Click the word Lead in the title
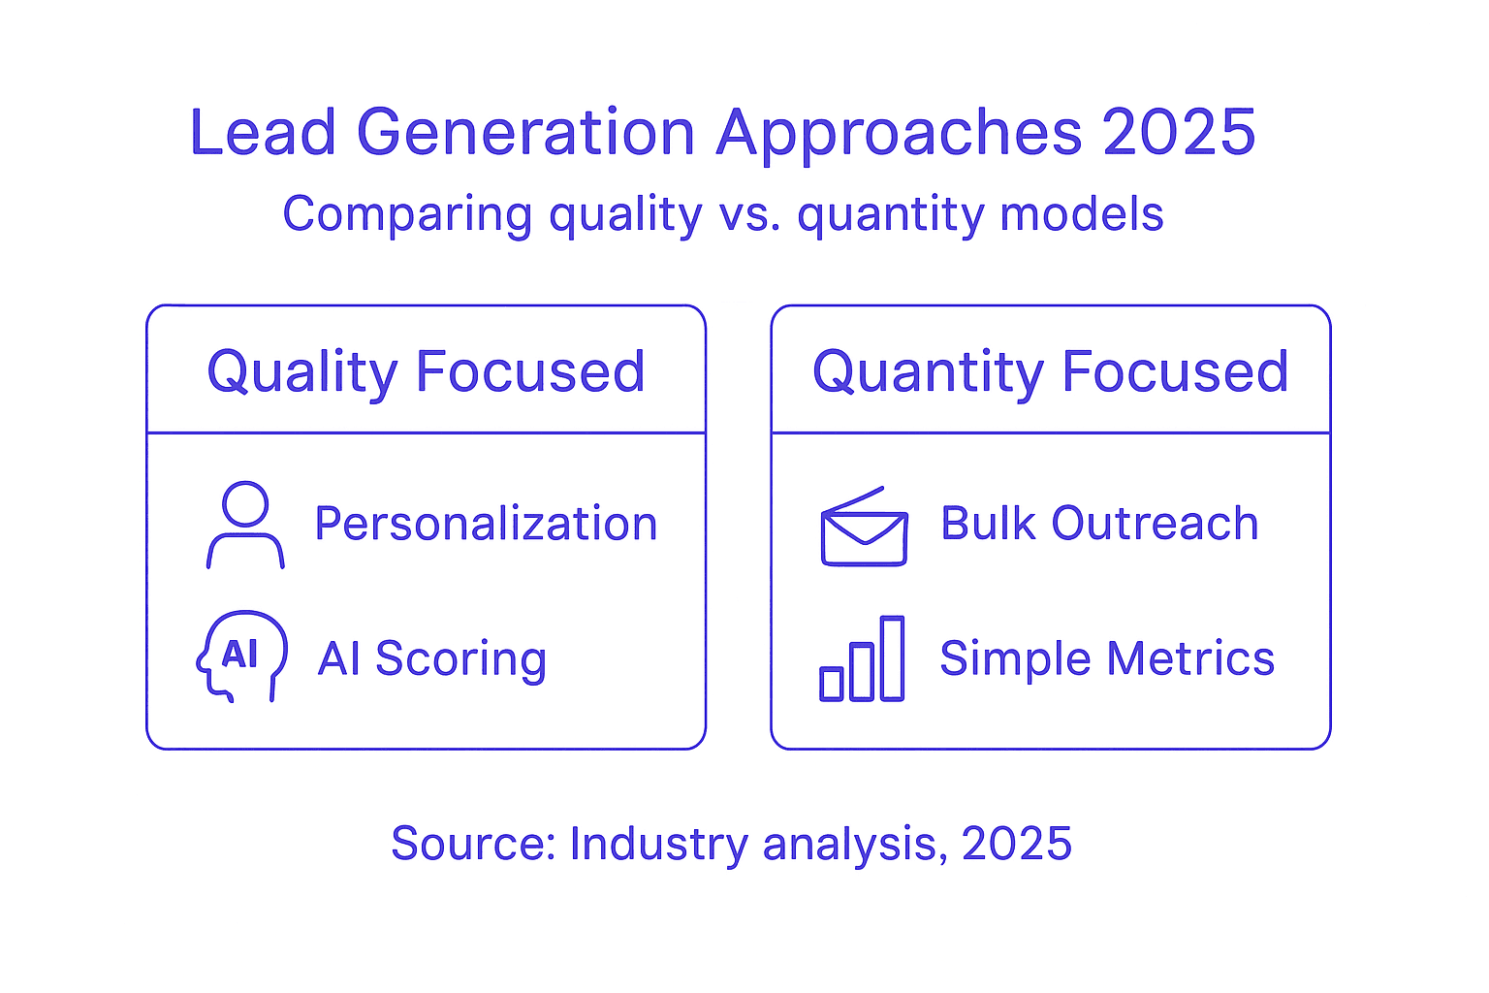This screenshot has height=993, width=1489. coord(263,133)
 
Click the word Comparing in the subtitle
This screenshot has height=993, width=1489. coord(407,215)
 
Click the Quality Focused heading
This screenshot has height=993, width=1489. coord(426,371)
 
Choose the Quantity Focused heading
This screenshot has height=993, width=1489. coord(1051,371)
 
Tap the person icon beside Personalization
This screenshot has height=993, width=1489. coord(245,525)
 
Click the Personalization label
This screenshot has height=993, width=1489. coord(486,524)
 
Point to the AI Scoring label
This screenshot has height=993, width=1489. coord(432,659)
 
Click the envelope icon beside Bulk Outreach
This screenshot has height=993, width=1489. coord(864,529)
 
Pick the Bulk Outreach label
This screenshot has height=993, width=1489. coord(1099,524)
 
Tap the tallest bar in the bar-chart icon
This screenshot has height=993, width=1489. coord(892,657)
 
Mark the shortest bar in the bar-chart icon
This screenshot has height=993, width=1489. coord(832,683)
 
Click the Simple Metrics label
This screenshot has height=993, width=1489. coord(1107,659)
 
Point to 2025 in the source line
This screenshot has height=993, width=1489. coord(1017,844)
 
